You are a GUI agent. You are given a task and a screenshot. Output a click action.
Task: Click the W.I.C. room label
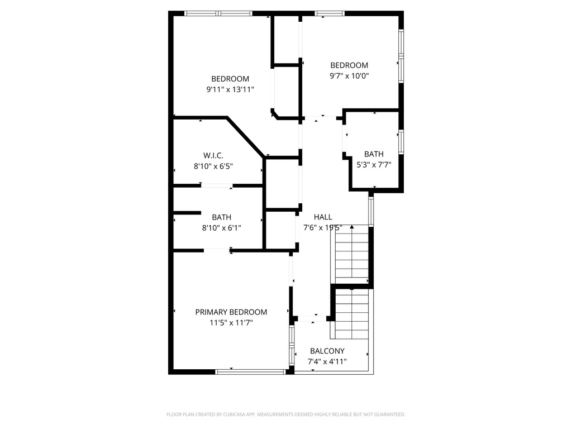(x=213, y=155)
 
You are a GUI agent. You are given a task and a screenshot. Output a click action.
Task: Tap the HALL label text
(x=323, y=217)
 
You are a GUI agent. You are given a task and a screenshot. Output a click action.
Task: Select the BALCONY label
(x=327, y=351)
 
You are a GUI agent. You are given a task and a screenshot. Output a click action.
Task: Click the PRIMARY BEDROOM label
(x=231, y=312)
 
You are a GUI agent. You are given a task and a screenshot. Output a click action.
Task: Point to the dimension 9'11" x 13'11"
(x=230, y=89)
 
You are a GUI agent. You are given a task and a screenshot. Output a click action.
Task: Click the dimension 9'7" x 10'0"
(x=349, y=75)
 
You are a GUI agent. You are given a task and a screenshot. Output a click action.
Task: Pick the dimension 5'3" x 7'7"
(x=374, y=165)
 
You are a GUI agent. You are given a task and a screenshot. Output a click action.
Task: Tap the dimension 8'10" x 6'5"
(x=213, y=166)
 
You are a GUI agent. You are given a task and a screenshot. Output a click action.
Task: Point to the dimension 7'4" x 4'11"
(x=327, y=362)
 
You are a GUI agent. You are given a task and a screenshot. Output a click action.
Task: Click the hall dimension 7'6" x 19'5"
(x=322, y=228)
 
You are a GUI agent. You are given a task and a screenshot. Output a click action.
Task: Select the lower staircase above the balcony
(x=352, y=314)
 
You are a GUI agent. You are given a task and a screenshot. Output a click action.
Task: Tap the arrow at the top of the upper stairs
(x=352, y=227)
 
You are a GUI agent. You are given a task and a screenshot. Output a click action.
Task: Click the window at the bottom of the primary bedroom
(x=251, y=371)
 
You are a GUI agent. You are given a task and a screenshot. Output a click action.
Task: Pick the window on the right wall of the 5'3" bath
(x=401, y=142)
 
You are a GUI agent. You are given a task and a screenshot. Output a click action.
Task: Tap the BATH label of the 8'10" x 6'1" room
(x=221, y=217)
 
